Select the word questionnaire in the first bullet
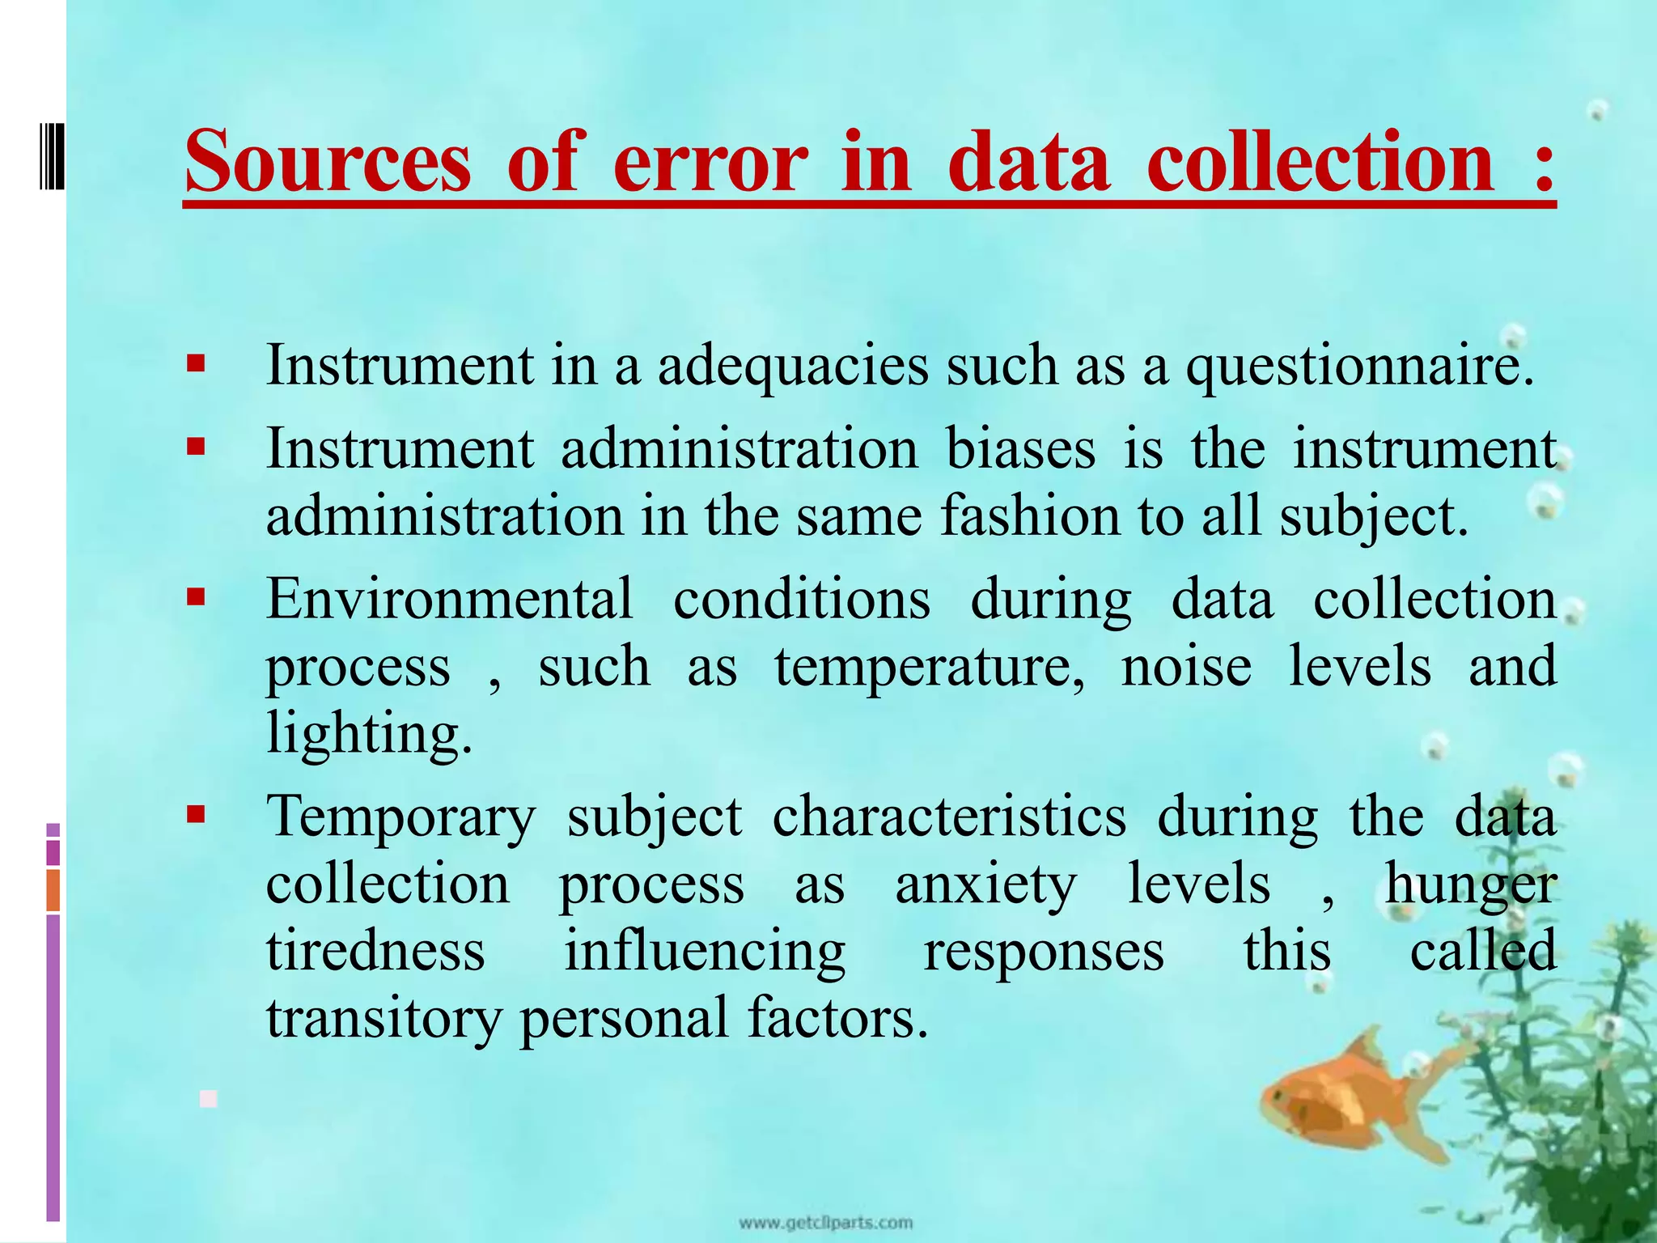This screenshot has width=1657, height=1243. [1359, 367]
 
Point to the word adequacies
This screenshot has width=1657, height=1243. [792, 367]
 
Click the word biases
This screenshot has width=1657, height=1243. [1021, 449]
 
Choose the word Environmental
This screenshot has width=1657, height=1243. [449, 600]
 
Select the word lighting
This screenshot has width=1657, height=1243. [368, 734]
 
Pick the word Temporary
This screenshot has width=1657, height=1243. [400, 817]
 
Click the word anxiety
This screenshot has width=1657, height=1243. [985, 885]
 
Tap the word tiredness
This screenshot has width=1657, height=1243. [375, 951]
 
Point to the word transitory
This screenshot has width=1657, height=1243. [384, 1018]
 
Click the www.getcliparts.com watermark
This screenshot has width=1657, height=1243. [826, 1223]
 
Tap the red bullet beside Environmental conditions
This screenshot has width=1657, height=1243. [195, 598]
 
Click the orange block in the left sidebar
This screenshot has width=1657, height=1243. [53, 890]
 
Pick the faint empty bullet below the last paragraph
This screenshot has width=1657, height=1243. [209, 1098]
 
